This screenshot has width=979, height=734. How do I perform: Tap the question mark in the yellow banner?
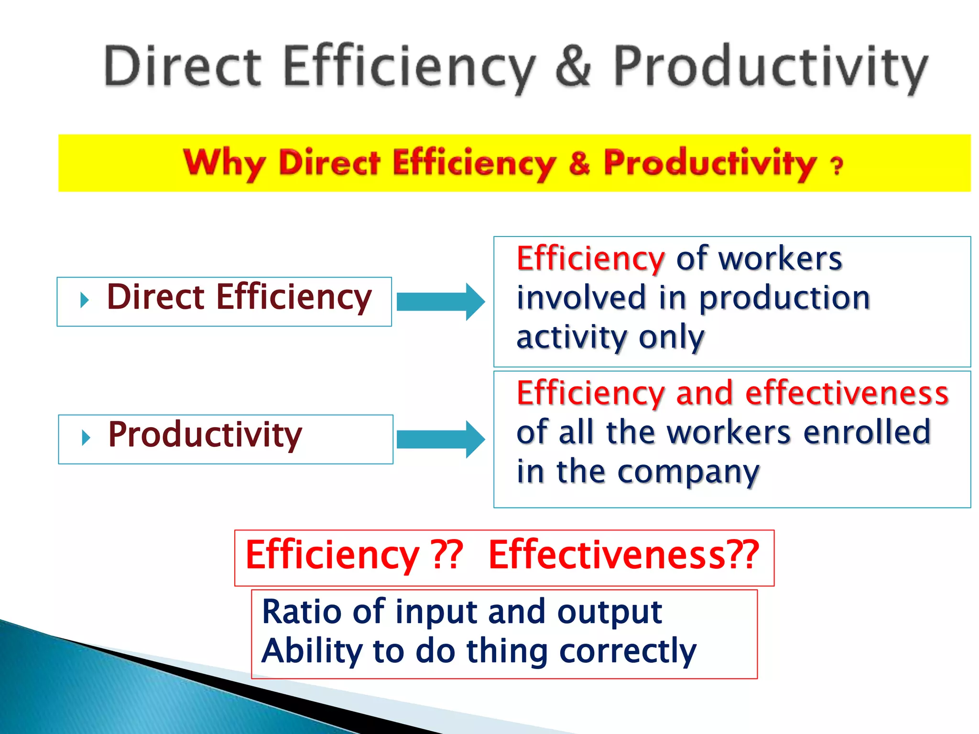click(837, 166)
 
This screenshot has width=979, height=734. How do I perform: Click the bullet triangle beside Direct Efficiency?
click(85, 301)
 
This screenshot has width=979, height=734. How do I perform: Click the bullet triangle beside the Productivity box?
click(86, 438)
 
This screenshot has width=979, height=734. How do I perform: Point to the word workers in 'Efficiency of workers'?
click(780, 259)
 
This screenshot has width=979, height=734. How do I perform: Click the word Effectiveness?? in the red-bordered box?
click(623, 555)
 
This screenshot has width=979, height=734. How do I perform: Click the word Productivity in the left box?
click(205, 435)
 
